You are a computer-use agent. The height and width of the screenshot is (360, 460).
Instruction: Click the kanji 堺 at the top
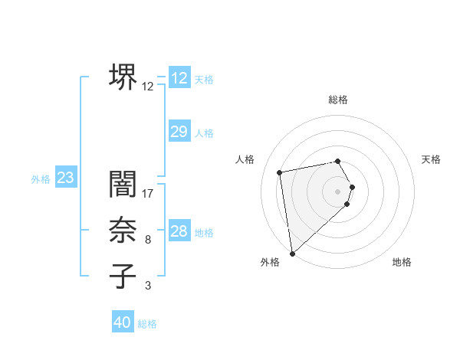123,77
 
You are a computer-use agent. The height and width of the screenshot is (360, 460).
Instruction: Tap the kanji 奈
123,231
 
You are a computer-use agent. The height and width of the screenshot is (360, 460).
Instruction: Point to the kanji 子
123,277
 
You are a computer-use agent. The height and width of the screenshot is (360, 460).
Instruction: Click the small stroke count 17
148,194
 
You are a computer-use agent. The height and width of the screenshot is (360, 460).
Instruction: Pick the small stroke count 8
148,240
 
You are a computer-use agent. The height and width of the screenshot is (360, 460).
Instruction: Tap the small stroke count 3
148,286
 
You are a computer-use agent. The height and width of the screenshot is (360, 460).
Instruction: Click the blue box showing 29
179,133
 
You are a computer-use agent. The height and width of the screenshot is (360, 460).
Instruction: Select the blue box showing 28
179,232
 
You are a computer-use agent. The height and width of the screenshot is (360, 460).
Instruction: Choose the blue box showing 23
66,178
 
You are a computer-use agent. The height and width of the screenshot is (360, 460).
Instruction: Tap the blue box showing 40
123,322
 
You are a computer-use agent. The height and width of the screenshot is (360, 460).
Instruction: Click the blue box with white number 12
179,78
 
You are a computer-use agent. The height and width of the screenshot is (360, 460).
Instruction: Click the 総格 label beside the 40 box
147,324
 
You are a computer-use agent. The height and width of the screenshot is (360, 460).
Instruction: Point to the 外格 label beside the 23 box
41,179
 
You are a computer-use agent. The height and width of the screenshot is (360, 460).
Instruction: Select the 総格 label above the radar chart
338,100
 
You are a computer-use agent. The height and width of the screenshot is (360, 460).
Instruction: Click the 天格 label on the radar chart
431,159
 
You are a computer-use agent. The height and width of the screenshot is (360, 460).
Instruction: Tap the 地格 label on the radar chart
402,262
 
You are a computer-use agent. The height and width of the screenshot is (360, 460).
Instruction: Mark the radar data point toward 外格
292,253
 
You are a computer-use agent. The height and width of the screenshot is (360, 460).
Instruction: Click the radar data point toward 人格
281,172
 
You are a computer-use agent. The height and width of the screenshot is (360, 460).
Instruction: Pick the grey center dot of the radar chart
338,190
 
